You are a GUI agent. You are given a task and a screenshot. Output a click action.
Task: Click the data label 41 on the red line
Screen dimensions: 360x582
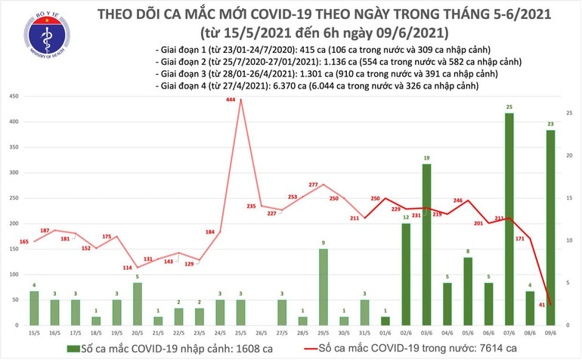(x=542, y=304)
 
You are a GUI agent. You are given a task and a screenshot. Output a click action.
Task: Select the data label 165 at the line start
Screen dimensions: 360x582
(x=23, y=241)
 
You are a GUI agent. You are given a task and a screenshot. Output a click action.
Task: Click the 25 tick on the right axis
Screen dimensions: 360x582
(x=569, y=113)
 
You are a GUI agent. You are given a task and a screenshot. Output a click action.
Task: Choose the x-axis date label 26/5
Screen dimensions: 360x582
(x=261, y=333)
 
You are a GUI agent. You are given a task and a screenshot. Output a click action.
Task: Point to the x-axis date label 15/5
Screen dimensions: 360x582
(x=33, y=333)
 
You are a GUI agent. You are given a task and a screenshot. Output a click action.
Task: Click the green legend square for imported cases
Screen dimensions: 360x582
(x=72, y=348)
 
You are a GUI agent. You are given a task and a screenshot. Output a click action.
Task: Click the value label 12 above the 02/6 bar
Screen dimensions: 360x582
(x=405, y=218)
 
